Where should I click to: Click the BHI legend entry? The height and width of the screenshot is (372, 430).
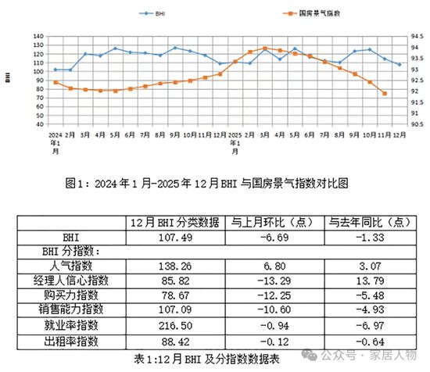tap(163, 13)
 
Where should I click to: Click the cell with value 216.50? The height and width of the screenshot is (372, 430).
tap(173, 326)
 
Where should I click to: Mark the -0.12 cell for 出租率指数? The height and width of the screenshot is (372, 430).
tap(272, 341)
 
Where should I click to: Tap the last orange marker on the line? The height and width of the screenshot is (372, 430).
tap(385, 93)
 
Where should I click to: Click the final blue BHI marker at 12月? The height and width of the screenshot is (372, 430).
tap(400, 64)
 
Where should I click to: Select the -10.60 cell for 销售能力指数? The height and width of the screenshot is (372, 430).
tap(272, 311)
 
